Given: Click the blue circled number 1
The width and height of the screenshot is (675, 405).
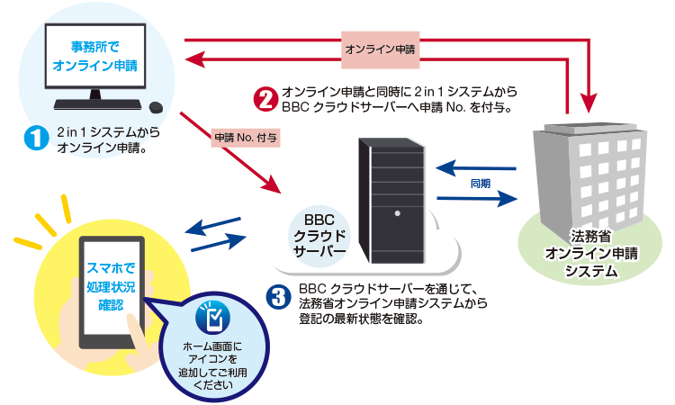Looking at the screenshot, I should (35, 139).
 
